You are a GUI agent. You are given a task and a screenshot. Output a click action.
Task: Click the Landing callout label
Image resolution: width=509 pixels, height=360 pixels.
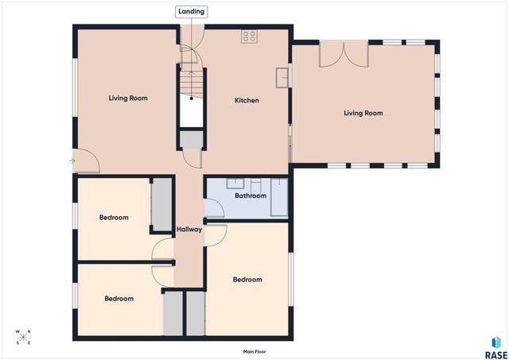point(191,12)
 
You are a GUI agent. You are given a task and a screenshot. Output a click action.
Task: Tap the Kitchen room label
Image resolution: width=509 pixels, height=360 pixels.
point(247,101)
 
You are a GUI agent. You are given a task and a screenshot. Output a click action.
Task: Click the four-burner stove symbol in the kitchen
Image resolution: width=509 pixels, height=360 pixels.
point(249,37)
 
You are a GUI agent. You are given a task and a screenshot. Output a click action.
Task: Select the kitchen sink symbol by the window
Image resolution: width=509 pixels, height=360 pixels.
point(282,78)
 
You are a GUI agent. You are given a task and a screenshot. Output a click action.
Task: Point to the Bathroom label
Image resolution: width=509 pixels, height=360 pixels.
point(251,195)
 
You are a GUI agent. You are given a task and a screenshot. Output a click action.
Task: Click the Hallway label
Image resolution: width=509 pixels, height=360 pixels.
point(189,230)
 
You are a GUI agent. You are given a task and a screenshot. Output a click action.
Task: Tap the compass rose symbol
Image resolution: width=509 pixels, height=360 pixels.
point(23,337)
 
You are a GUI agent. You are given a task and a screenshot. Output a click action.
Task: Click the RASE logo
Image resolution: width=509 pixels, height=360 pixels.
point(495,348)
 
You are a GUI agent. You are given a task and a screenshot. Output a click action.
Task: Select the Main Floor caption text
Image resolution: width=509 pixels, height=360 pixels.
point(254,351)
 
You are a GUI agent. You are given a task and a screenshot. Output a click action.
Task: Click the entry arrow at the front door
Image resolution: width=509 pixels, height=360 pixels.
point(72,161)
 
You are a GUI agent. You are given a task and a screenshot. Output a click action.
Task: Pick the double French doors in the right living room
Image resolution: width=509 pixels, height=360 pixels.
point(344,54)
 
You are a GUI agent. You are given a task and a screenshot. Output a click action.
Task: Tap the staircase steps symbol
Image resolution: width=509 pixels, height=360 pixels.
point(192,83)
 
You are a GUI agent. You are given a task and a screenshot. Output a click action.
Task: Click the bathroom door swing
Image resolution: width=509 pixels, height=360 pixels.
point(215,208)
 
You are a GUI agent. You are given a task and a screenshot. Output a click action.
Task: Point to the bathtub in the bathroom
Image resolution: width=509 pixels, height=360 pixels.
point(279,197)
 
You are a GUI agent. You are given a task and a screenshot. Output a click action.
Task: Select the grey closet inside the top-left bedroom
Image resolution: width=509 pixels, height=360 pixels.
point(161,204)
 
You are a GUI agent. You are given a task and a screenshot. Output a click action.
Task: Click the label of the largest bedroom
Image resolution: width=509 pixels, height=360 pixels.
point(247,280)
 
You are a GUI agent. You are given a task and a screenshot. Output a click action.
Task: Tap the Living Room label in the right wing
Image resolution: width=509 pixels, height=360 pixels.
point(363,113)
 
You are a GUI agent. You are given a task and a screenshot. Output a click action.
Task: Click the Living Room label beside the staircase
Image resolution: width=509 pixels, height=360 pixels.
point(128,99)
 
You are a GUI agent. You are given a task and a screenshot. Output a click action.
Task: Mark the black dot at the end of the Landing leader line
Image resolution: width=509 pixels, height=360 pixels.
point(192,99)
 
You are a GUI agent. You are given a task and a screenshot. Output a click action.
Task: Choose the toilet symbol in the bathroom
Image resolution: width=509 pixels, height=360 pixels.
point(255,185)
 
